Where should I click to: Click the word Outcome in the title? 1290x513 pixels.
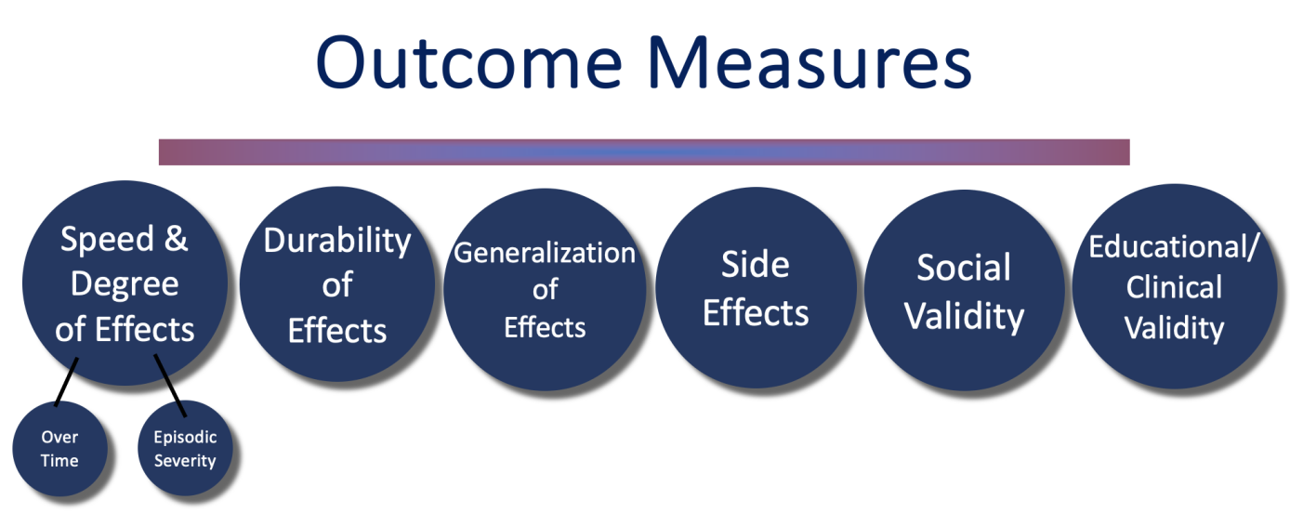pos(468,61)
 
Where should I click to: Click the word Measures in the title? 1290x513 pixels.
pos(810,61)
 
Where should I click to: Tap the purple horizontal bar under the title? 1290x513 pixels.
pos(644,152)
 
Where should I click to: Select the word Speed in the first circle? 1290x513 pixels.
pos(107,240)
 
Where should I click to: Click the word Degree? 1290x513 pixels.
pos(125,284)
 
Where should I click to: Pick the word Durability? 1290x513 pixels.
pos(337,241)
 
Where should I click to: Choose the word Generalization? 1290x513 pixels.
pos(545,254)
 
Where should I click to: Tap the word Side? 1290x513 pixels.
pos(755,265)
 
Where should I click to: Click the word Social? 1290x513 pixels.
pos(964,268)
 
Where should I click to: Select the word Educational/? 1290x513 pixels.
pos(1174,247)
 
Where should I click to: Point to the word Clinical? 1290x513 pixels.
pos(1174,287)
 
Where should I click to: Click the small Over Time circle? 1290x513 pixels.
pos(59,449)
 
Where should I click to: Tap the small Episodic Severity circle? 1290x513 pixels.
pos(185,448)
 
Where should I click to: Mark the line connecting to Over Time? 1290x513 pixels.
pos(66,382)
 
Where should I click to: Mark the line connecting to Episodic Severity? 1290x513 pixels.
pos(170,385)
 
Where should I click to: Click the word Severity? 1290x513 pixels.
pos(185,461)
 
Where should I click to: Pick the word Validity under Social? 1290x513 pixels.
pos(964,317)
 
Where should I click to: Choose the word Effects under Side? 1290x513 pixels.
pos(756,313)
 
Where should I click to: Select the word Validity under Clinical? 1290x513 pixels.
pos(1174,329)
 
